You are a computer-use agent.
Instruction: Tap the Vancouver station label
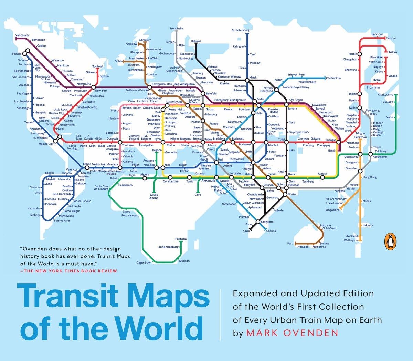22,35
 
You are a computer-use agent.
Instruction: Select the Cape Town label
144,262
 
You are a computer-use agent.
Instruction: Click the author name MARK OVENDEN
292,333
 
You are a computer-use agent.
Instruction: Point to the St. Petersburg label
241,30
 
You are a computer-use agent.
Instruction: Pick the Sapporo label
377,34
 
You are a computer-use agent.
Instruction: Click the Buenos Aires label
62,221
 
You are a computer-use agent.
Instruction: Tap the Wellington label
351,240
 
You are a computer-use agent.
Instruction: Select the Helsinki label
195,41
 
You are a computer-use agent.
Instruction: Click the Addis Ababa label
154,196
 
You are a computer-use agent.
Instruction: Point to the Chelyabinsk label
333,78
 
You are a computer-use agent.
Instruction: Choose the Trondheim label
176,28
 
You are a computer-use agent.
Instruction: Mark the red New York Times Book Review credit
68,271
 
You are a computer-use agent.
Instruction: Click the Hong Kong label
370,177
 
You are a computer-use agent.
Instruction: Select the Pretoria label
181,239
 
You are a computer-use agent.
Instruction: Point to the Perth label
291,243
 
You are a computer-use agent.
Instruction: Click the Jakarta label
368,225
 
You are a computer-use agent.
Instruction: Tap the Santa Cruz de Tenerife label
102,188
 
